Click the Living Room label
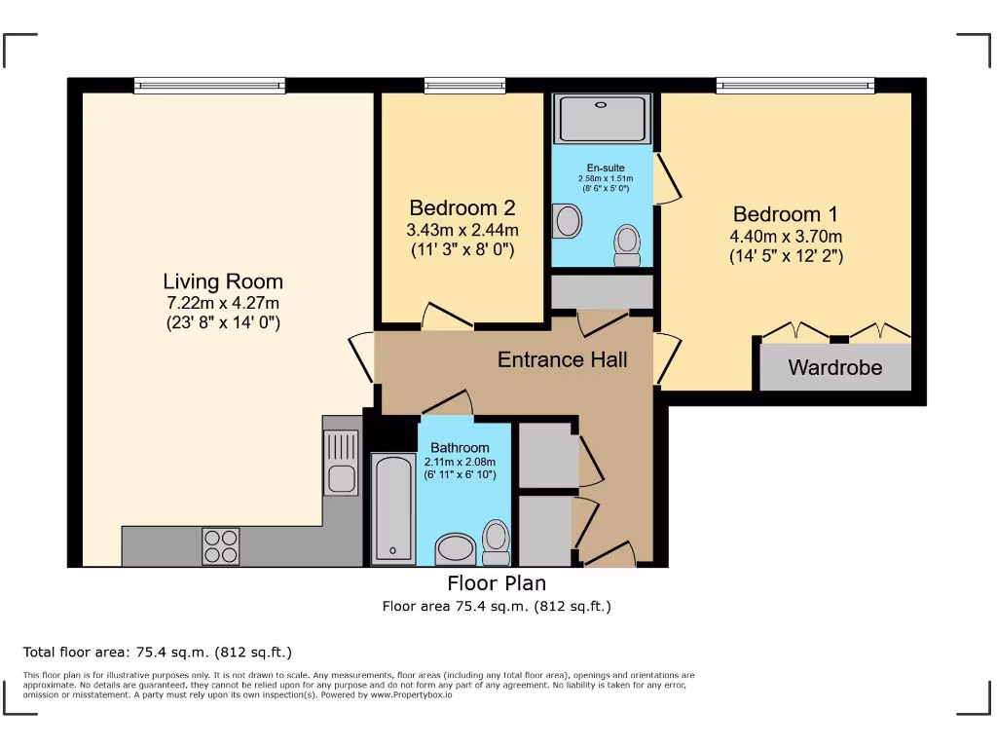pyautogui.click(x=223, y=281)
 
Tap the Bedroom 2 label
pyautogui.click(x=462, y=208)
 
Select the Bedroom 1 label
pyautogui.click(x=785, y=214)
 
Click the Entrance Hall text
pyautogui.click(x=562, y=359)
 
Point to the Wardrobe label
pyautogui.click(x=834, y=368)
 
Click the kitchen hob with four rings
pyautogui.click(x=220, y=545)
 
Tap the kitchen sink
pyautogui.click(x=341, y=464)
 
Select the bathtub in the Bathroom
pyautogui.click(x=393, y=507)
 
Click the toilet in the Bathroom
pyautogui.click(x=497, y=542)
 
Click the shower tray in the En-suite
pyautogui.click(x=602, y=118)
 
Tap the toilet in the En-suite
pyautogui.click(x=628, y=243)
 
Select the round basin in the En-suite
pyautogui.click(x=565, y=221)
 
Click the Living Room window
pyautogui.click(x=210, y=86)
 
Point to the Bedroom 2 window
pyautogui.click(x=464, y=86)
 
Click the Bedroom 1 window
pyautogui.click(x=794, y=86)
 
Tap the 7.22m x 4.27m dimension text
pyautogui.click(x=223, y=303)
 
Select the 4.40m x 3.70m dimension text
pyautogui.click(x=785, y=237)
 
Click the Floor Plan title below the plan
pyautogui.click(x=497, y=583)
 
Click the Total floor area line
pyautogui.click(x=157, y=653)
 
